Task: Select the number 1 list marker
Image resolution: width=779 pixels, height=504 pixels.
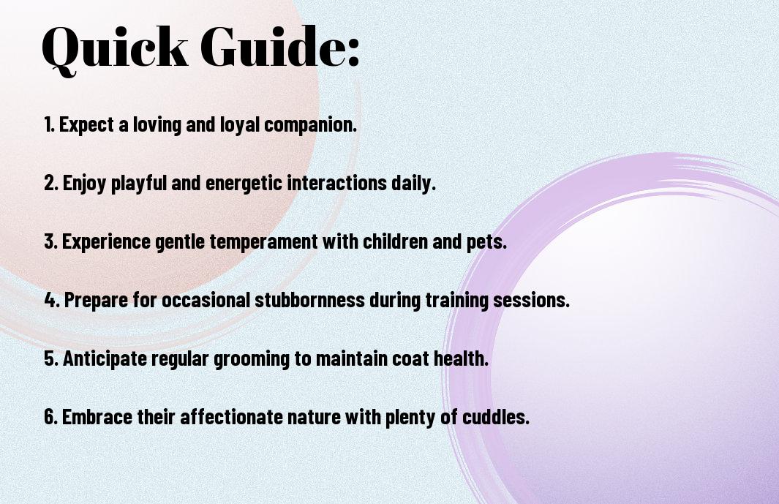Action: [x=49, y=124]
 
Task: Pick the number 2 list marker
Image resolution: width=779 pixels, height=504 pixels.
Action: [x=50, y=183]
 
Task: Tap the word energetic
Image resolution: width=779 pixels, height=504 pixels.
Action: [x=244, y=184]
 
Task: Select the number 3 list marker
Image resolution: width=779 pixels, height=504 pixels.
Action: [x=50, y=241]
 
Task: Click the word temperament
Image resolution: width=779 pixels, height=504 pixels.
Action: [x=263, y=242]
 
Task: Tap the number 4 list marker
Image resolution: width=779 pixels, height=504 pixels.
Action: [x=52, y=300]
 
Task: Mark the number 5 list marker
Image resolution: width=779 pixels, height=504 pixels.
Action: [x=50, y=358]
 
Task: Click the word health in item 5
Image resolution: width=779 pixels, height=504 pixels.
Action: [x=461, y=358]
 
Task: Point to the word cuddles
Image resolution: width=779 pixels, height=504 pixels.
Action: [x=496, y=416]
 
